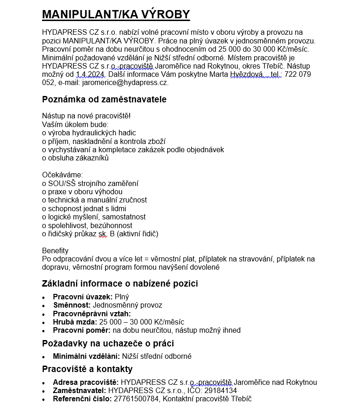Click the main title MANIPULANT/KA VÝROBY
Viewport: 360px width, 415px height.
coord(116,15)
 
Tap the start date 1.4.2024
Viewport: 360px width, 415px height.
coord(90,74)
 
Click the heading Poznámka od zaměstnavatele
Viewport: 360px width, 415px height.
coord(104,99)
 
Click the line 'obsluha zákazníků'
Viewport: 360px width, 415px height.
coord(75,158)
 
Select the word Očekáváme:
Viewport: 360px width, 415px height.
coord(63,175)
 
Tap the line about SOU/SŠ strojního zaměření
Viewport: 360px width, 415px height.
coord(90,183)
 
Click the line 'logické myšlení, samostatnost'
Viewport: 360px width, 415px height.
coord(94,217)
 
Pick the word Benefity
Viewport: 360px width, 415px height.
coord(55,250)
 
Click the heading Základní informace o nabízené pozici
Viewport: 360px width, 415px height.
coord(120,283)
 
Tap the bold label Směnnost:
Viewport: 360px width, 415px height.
coord(72,305)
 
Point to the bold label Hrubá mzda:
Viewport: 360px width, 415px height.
coord(74,322)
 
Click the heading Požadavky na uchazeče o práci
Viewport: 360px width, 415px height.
coord(108,343)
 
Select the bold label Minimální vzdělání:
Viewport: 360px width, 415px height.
coord(86,356)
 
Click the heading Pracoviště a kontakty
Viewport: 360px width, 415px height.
coord(87,369)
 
